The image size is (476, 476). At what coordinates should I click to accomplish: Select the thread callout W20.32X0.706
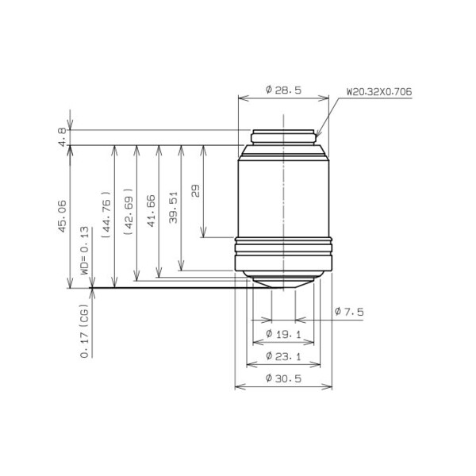pos(378,91)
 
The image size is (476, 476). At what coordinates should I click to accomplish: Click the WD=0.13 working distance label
pos(84,250)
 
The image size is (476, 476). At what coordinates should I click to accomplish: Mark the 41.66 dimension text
pos(150,211)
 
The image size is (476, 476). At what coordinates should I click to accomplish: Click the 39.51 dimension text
pos(172,211)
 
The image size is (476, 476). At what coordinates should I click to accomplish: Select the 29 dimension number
pos(195,190)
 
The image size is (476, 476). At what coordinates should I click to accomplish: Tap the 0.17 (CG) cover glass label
pos(84,331)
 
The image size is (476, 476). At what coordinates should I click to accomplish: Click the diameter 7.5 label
pos(348,312)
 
